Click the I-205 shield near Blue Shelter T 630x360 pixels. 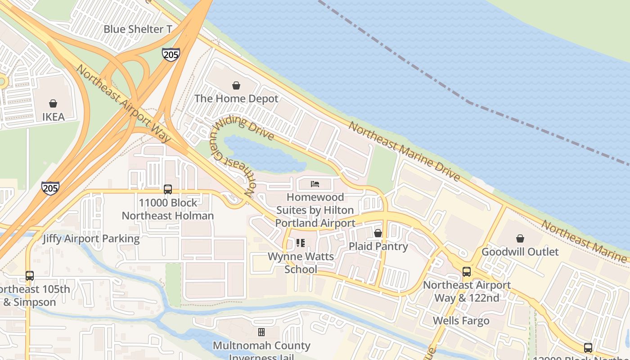(x=171, y=54)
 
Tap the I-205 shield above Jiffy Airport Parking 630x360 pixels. (x=50, y=188)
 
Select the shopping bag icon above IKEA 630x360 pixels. (x=53, y=103)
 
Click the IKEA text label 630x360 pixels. (x=53, y=117)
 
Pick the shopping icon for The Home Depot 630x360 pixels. (x=236, y=85)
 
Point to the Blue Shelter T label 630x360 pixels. (x=138, y=29)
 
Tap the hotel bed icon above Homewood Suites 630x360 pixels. (x=315, y=184)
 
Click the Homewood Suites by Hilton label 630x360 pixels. (x=315, y=210)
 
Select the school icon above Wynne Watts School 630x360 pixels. (x=301, y=243)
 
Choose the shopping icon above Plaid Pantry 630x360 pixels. (x=378, y=233)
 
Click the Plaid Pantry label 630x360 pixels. (x=378, y=246)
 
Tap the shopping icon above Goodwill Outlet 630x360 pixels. (x=520, y=238)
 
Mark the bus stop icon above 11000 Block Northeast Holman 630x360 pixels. (x=168, y=189)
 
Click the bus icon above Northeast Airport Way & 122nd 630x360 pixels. (x=467, y=272)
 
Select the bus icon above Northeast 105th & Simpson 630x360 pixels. (x=30, y=275)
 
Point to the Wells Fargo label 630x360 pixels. (x=461, y=321)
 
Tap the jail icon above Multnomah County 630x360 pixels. (x=261, y=333)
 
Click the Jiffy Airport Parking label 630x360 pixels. (x=91, y=238)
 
